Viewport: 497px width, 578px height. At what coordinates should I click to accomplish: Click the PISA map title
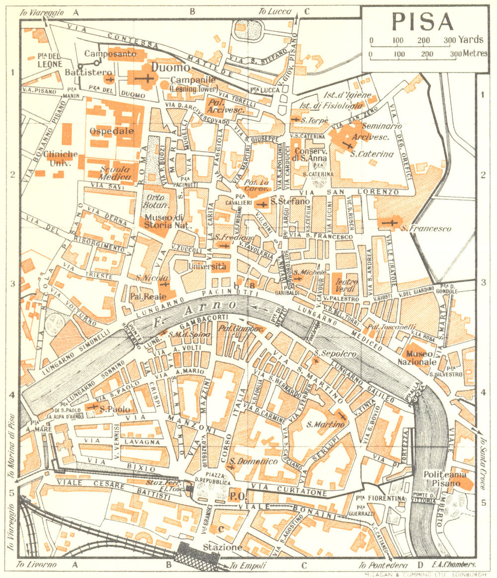click(x=422, y=21)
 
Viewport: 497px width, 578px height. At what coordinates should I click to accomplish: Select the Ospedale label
click(x=112, y=131)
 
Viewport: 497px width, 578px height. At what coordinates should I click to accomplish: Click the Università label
click(x=207, y=267)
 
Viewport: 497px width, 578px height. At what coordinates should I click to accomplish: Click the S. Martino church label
click(x=325, y=425)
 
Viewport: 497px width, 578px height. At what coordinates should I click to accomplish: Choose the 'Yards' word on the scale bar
click(x=472, y=40)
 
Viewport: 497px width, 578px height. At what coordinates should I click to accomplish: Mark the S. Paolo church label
click(x=114, y=410)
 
